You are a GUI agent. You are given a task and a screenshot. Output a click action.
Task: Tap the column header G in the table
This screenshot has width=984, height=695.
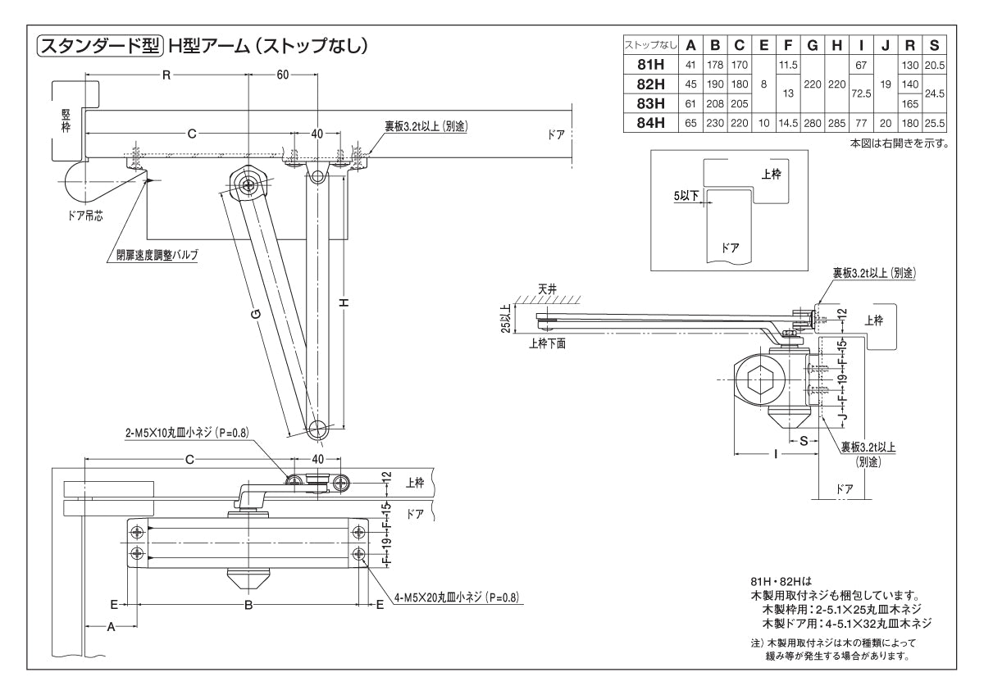813,45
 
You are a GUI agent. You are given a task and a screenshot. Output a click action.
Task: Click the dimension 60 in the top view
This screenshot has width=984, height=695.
282,75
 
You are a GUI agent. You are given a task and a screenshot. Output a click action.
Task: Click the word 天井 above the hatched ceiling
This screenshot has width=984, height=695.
548,289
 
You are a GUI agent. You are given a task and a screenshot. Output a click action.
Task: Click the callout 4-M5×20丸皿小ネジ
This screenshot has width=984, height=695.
456,597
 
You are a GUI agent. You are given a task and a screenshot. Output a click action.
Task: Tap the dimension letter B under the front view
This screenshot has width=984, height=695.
248,606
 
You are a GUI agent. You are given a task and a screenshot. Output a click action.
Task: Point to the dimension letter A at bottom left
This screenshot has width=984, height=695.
110,626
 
